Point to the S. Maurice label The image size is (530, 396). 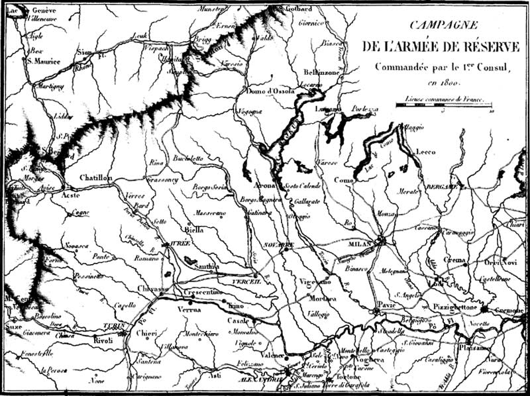tap(44, 61)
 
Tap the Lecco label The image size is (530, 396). tap(425, 152)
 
